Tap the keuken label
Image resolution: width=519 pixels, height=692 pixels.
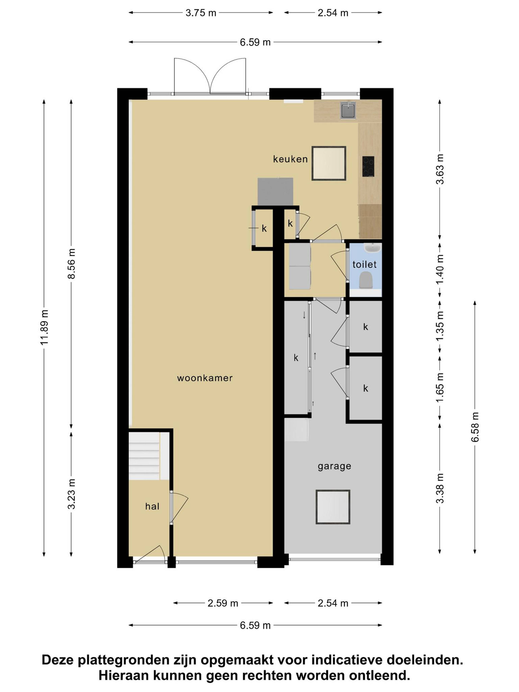pos(290,159)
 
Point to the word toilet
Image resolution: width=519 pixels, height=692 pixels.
pos(365,265)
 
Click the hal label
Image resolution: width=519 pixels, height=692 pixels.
pos(152,506)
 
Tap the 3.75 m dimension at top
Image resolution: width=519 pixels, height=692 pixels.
pos(201,13)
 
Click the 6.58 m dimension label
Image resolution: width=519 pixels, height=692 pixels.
pos(475,427)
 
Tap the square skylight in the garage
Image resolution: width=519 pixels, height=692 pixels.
pos(332,507)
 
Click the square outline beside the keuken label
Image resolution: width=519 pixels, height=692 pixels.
pos(329,163)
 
